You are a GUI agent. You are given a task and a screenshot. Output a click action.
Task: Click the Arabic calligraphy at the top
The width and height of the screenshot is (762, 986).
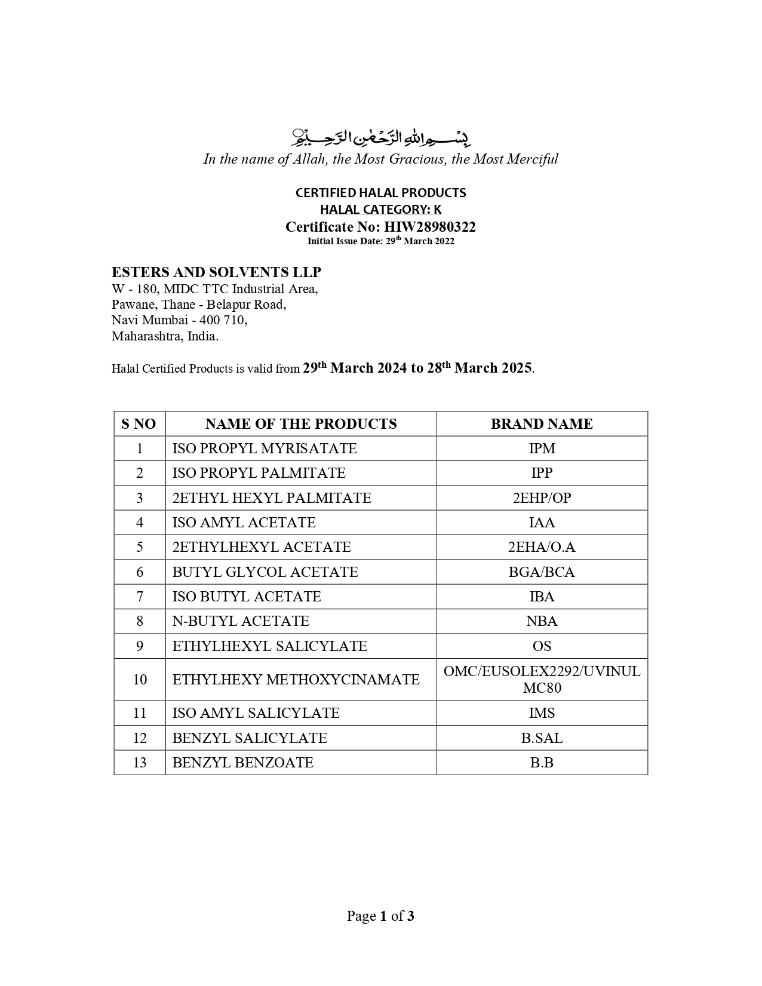pos(380,137)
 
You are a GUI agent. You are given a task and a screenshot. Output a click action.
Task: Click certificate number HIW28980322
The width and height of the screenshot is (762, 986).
pos(429,227)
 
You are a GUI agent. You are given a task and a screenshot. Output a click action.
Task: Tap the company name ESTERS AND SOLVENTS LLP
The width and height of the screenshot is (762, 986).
pos(216,272)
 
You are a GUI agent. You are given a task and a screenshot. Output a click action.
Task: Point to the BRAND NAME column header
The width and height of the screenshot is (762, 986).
pos(542,424)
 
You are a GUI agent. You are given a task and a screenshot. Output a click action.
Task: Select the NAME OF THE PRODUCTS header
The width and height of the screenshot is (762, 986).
pos(301,424)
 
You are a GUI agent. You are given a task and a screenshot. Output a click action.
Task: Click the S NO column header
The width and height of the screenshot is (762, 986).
pos(139,424)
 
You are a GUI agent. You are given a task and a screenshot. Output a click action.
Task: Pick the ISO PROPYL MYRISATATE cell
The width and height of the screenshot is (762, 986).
pos(265,449)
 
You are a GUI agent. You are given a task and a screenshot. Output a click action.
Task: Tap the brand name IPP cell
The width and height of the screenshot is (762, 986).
pos(542,473)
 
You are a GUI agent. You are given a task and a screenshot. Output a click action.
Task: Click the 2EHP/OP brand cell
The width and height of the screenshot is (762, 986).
pos(542,498)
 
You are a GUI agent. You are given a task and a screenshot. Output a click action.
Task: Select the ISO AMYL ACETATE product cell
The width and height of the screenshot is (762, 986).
pos(244,523)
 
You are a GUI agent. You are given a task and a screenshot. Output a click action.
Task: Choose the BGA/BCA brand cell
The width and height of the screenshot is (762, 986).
pos(542,572)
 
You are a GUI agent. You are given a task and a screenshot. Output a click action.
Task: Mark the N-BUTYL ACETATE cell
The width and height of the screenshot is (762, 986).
pos(241,621)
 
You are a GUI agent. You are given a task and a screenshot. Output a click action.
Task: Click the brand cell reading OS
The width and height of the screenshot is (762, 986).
pos(542,646)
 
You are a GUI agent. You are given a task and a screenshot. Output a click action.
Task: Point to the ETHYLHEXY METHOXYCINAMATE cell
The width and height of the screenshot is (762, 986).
pos(296,680)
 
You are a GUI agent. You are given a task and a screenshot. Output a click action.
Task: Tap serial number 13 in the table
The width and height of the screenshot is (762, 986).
pos(139,763)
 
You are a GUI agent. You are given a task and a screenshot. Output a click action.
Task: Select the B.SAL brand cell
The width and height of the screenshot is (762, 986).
pos(542,738)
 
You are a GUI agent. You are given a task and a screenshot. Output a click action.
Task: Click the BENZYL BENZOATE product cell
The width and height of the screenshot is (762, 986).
pos(242,763)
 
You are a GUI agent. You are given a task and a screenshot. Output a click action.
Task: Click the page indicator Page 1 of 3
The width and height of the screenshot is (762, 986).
pos(380,916)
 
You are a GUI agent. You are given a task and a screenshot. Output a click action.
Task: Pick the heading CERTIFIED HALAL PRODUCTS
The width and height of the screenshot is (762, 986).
pos(380,193)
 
